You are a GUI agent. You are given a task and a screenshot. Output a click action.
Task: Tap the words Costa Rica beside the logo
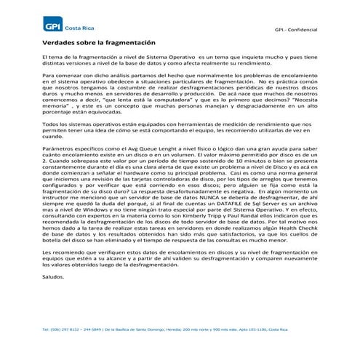click(79, 27)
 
